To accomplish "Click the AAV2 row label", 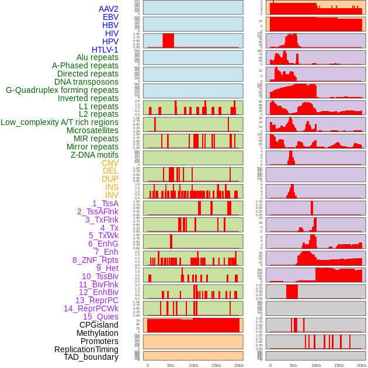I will point(109,9).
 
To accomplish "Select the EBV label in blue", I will point(110,17).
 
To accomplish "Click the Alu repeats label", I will point(98,57).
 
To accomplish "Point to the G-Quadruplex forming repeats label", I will point(62,90).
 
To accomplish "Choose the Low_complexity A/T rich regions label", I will point(60,122).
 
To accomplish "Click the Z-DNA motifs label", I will point(95,155).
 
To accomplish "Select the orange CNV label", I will point(110,163).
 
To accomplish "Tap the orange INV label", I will point(112,195).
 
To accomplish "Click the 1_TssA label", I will point(105,203).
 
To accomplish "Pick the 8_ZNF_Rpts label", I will point(95,260).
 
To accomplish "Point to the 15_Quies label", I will point(100,317).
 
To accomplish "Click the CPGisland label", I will point(99,325).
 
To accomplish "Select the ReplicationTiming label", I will point(86,349).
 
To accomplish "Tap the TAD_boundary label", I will point(91,357).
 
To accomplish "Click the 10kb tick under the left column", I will point(193,365).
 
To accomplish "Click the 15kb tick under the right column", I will point(339,365).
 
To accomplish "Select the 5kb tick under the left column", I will point(171,365).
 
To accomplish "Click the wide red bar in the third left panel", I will point(168,40).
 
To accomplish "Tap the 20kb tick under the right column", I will point(362,365).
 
